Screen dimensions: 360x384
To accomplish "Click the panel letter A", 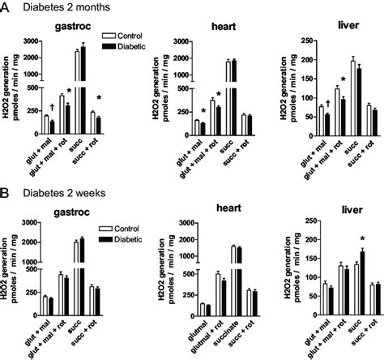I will click(6, 7).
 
